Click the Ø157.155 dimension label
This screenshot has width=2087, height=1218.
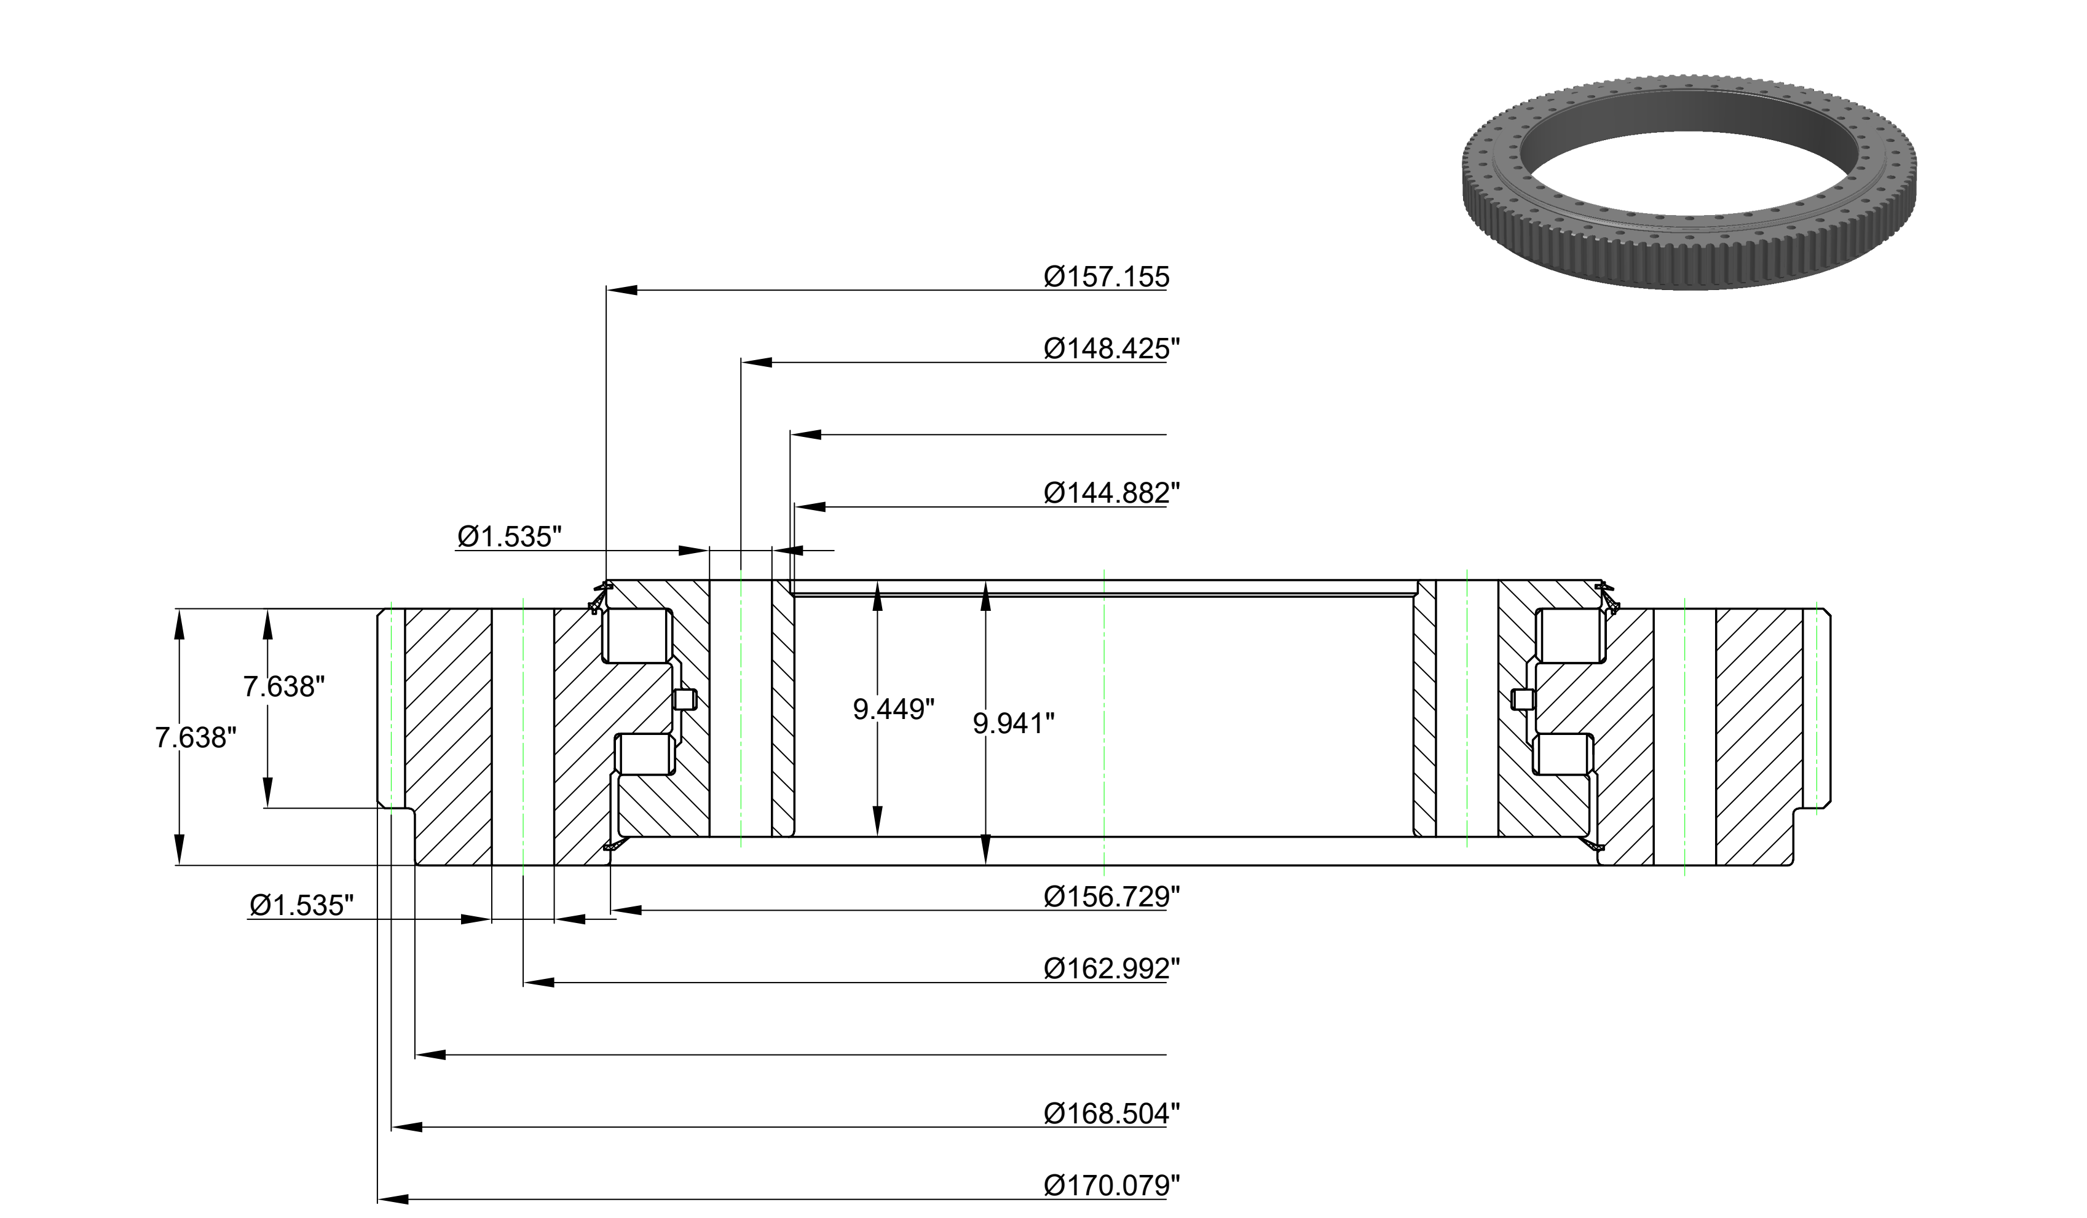(x=1107, y=277)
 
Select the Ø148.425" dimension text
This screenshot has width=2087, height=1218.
(x=1111, y=348)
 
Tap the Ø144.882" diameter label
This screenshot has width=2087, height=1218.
(x=1111, y=493)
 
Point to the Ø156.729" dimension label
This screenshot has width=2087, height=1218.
(x=1111, y=896)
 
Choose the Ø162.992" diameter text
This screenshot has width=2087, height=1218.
(x=1111, y=968)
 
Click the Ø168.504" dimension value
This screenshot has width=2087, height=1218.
(x=1111, y=1114)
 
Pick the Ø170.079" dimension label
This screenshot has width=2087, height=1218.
(x=1111, y=1185)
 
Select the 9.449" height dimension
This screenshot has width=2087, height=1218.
(x=894, y=709)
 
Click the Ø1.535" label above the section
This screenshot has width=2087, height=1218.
(x=510, y=536)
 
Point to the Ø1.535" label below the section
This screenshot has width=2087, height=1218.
(x=301, y=905)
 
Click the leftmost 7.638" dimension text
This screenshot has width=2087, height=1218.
(x=195, y=737)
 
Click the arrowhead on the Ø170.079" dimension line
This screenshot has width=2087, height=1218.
(x=393, y=1199)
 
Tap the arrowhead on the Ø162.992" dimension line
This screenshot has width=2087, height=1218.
(x=539, y=983)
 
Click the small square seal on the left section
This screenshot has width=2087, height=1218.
(x=685, y=700)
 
